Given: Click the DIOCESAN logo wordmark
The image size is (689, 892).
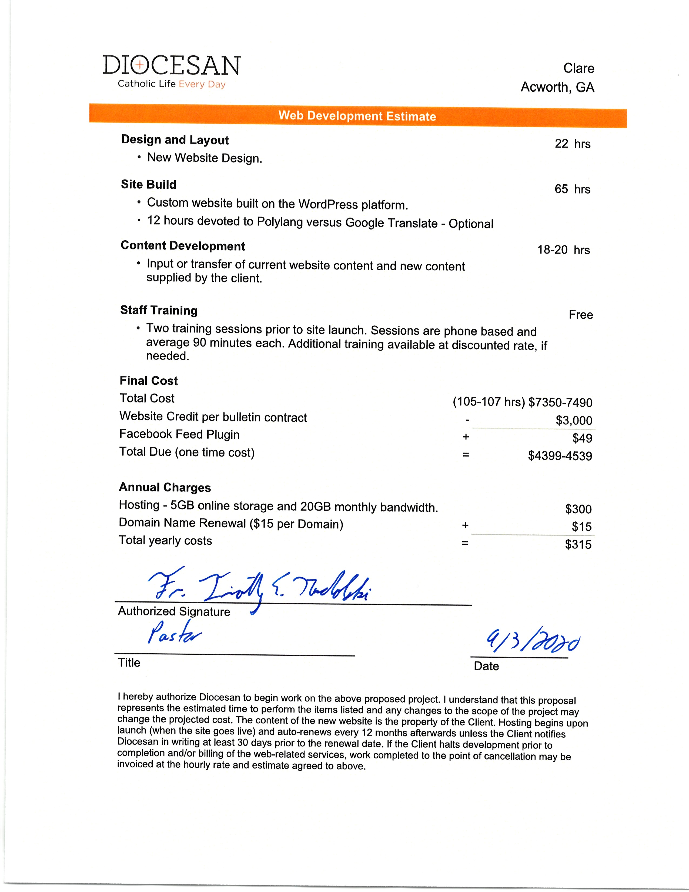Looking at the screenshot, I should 171,65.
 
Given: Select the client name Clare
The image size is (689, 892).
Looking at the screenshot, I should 578,68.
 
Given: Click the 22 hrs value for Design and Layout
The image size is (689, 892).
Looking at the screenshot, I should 572,144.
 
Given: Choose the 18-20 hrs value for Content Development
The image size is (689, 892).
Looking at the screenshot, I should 563,250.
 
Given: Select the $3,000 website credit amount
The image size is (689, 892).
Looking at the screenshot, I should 573,420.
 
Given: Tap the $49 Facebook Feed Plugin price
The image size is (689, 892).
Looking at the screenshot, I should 582,438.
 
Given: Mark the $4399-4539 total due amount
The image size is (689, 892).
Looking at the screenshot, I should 560,456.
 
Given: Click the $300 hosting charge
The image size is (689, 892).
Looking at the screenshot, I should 578,509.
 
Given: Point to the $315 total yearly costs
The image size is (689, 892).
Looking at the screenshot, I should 578,544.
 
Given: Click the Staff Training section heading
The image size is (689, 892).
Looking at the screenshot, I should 159,310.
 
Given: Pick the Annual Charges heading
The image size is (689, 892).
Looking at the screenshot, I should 165,488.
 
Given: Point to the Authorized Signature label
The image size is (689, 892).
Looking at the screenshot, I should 174,611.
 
